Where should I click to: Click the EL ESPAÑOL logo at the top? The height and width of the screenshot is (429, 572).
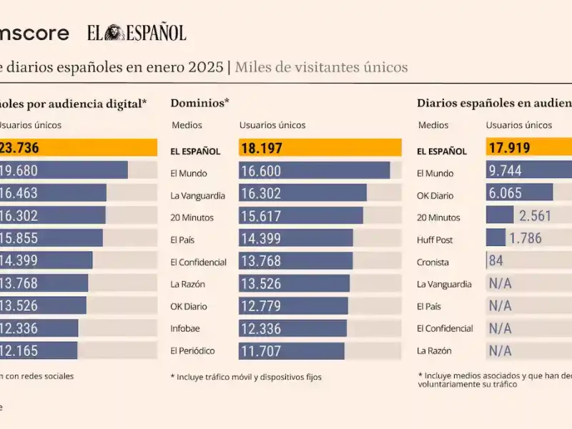pos(137,33)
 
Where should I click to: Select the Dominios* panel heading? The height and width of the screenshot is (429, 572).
pos(199,103)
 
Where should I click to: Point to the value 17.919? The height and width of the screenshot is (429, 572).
pos(509,149)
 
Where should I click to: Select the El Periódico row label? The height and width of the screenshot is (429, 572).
pos(192,351)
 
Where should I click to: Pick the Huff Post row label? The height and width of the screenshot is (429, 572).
pos(435,240)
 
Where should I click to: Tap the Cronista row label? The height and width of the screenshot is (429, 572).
pos(433,262)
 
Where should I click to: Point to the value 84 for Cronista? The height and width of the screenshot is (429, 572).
pos(496,261)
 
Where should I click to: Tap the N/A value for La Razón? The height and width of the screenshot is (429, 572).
pos(500,351)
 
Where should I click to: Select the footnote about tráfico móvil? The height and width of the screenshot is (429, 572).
pos(246,377)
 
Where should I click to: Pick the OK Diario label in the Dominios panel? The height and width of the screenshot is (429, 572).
pos(189,307)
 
